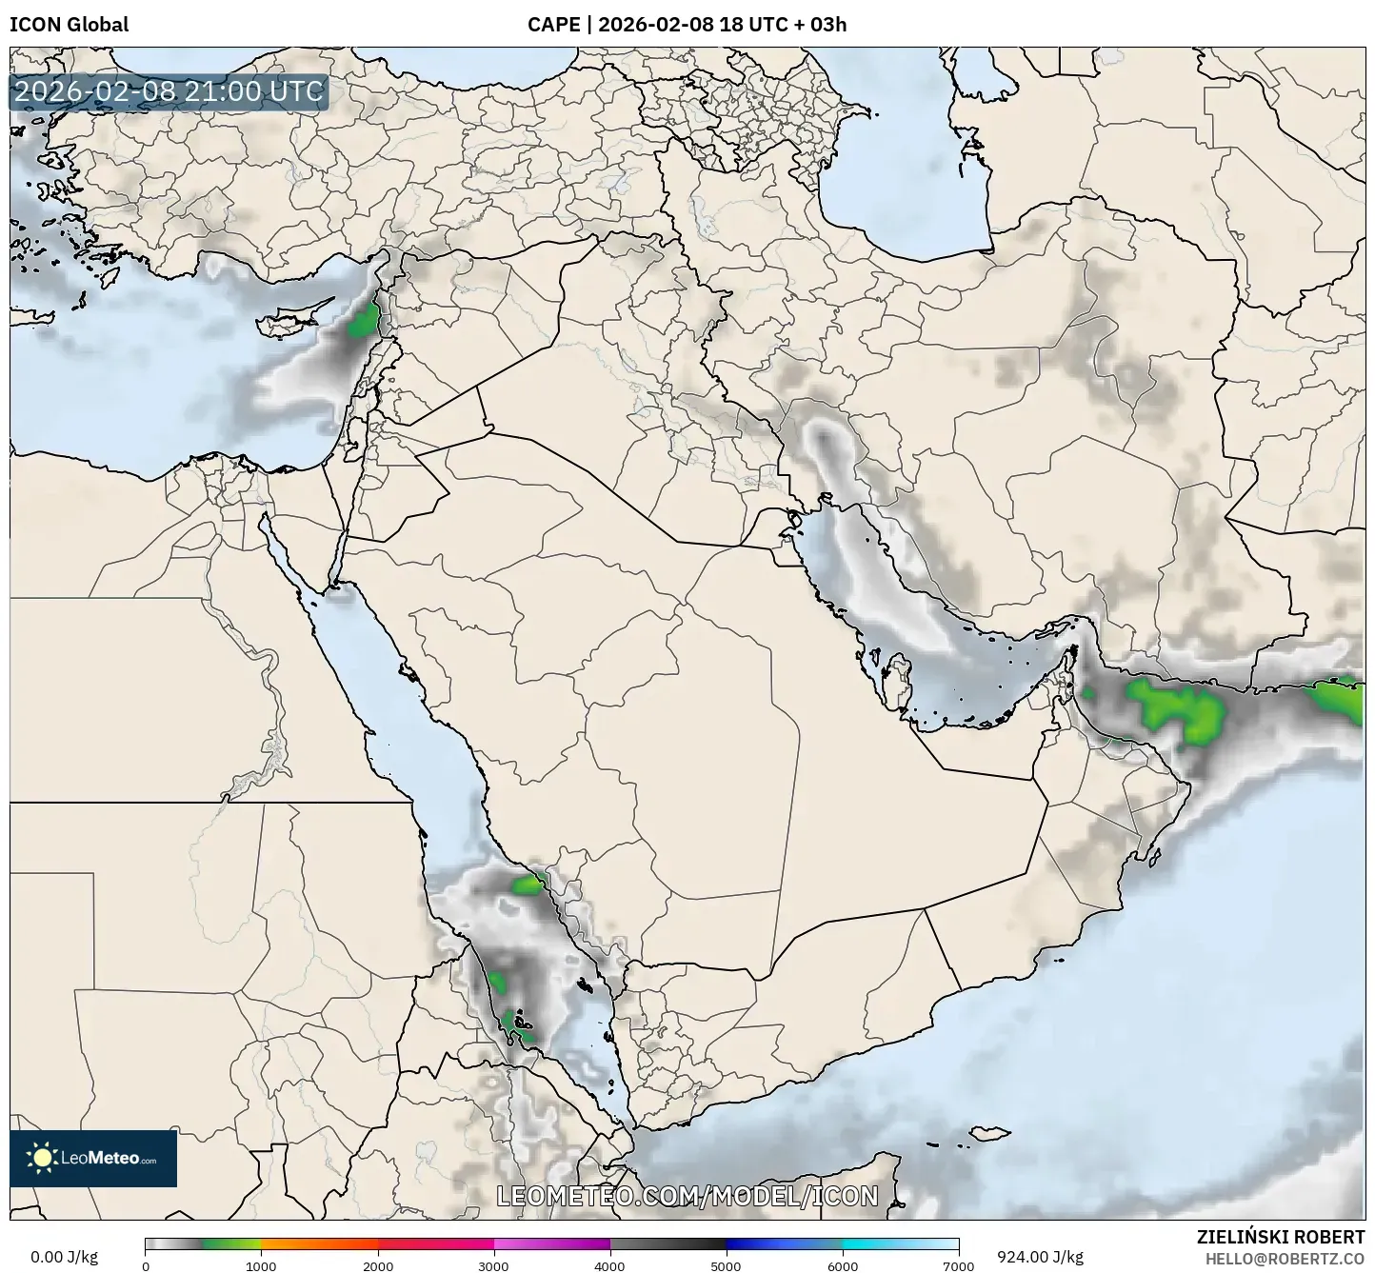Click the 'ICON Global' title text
(x=69, y=25)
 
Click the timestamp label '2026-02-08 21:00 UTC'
(x=169, y=91)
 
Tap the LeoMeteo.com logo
(x=93, y=1158)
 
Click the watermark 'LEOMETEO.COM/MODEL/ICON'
(x=687, y=1196)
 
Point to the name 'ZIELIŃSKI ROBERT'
(x=1280, y=1237)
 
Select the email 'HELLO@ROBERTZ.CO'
(x=1285, y=1259)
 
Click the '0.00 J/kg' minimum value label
(x=64, y=1257)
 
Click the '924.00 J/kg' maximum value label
(x=1040, y=1257)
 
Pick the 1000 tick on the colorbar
(x=261, y=1265)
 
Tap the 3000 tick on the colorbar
(x=494, y=1265)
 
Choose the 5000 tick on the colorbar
(x=727, y=1265)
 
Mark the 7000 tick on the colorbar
(x=958, y=1265)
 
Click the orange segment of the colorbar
(x=319, y=1243)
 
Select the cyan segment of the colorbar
(x=900, y=1243)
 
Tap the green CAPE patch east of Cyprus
(x=363, y=323)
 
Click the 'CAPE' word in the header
(x=553, y=25)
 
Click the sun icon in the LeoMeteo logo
(x=43, y=1158)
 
